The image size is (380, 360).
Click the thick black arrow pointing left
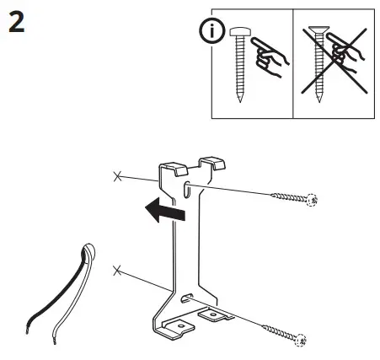pos(162,212)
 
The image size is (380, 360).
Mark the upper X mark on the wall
pos(115,176)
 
